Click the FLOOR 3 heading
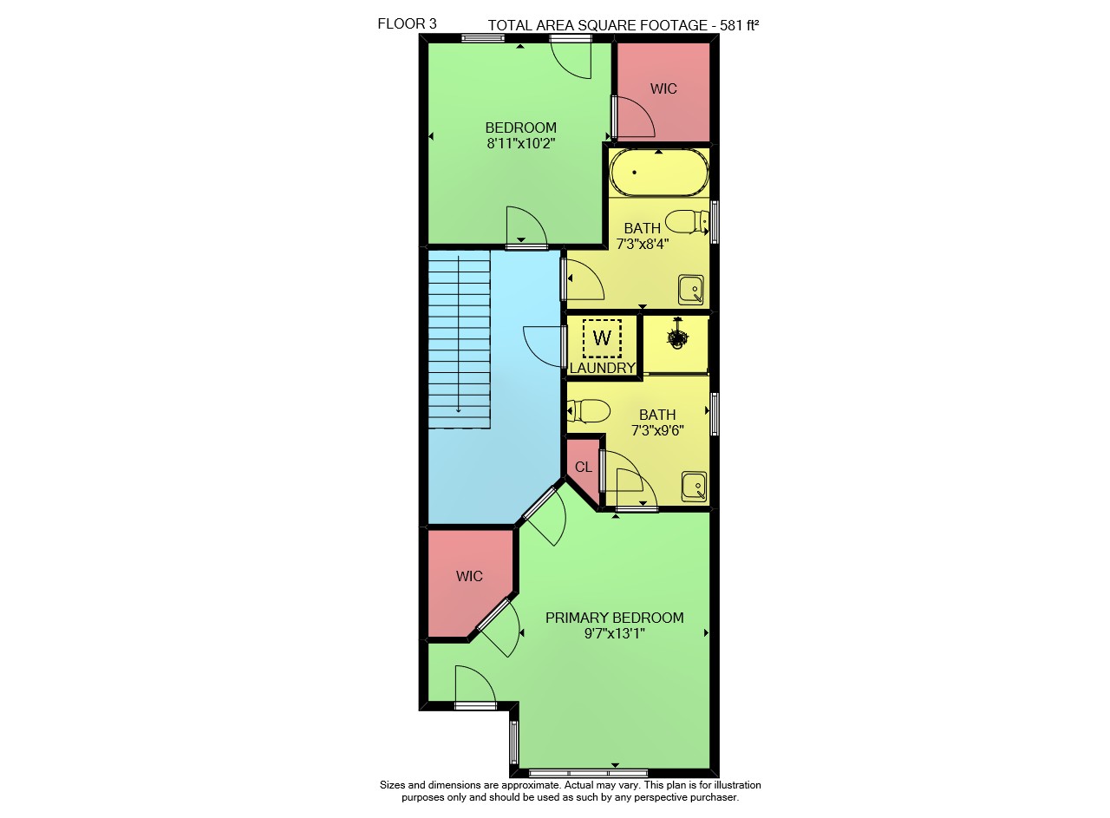coord(407,23)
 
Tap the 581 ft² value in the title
coord(740,25)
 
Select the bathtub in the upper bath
coord(659,172)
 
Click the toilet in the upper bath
coord(688,221)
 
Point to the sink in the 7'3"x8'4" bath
coord(691,290)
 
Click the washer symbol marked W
coord(602,338)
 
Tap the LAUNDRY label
coord(603,368)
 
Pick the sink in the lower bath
coord(694,487)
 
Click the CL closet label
coord(584,467)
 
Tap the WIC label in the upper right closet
coord(663,88)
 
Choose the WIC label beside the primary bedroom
coord(469,576)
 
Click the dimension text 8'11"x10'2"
coord(521,144)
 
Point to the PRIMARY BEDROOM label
coord(615,618)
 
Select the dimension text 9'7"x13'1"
coord(615,633)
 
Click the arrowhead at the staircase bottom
coord(459,409)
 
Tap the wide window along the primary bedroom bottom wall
coord(588,773)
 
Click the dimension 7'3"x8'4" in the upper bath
coord(643,244)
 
